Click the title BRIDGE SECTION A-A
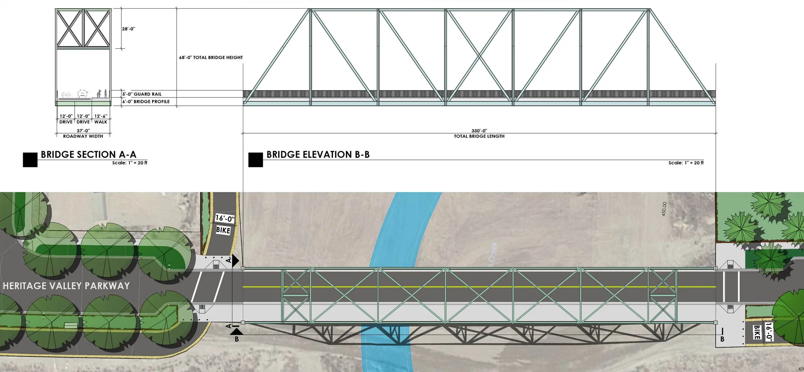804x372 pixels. tap(89, 155)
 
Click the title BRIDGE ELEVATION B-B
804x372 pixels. tap(318, 155)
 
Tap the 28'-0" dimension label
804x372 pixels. tap(129, 29)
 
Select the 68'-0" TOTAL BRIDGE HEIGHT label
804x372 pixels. tap(211, 57)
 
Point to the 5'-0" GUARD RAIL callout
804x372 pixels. tap(142, 94)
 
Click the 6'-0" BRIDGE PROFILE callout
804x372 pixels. tap(146, 101)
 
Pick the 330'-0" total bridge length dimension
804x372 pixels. tap(479, 131)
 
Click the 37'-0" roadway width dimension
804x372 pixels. tap(83, 131)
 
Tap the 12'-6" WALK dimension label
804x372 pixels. tap(101, 119)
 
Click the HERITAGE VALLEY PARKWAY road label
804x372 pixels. tap(66, 286)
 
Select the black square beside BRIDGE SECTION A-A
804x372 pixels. tap(30, 160)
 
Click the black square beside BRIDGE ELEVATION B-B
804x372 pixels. tap(256, 160)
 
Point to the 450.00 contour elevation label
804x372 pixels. tap(664, 209)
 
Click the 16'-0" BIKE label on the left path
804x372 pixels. tap(224, 224)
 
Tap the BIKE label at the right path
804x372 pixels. tap(757, 332)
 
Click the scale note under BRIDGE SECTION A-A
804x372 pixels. tap(129, 163)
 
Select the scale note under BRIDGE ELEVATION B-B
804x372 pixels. tap(686, 163)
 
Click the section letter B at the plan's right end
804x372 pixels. tap(722, 339)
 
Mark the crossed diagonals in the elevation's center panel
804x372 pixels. tap(479, 56)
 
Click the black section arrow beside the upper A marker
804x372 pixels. tap(236, 260)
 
